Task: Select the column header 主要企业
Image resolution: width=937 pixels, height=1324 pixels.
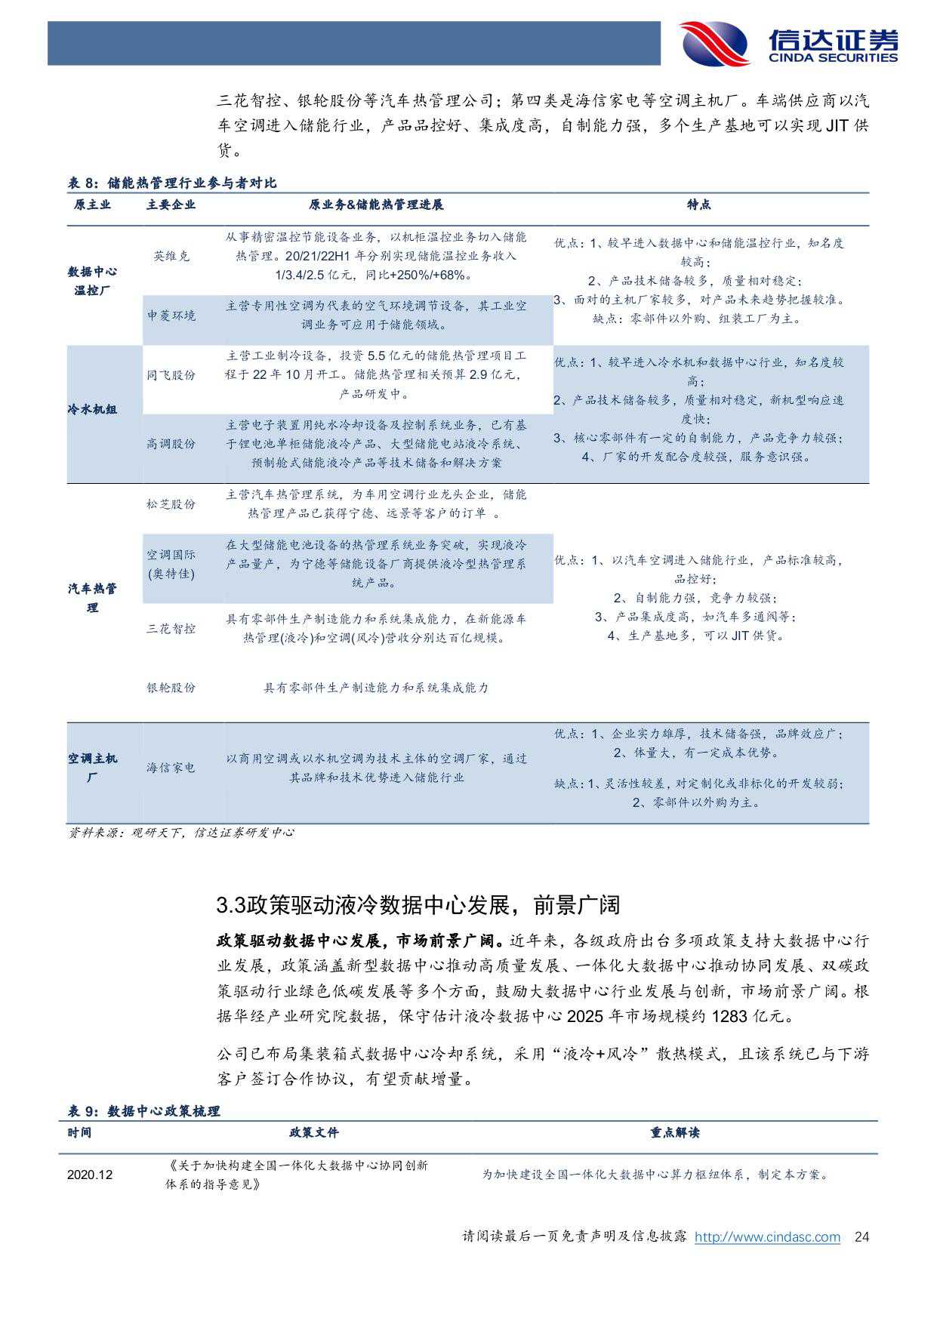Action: point(171,205)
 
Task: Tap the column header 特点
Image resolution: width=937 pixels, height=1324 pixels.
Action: point(698,205)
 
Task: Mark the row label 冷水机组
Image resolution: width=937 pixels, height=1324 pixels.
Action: point(92,410)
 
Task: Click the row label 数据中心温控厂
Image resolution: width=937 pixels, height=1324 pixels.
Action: point(92,281)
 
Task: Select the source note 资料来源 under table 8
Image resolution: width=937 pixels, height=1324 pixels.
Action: point(181,833)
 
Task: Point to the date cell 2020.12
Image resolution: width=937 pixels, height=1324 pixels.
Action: point(89,1175)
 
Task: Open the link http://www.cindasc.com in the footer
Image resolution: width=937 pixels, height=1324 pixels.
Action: point(767,1237)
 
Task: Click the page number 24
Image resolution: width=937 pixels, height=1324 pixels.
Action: point(861,1237)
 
